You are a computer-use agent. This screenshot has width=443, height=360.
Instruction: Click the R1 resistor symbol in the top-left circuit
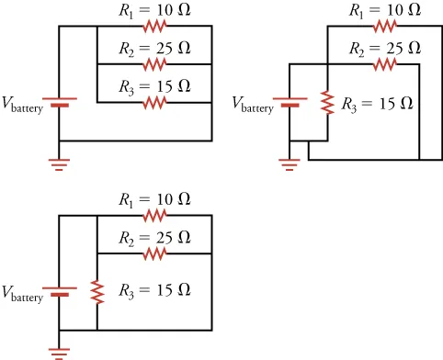(x=154, y=27)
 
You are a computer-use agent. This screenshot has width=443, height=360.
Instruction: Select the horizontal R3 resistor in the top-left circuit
(x=154, y=103)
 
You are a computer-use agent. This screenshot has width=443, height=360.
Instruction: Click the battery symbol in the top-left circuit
(x=60, y=101)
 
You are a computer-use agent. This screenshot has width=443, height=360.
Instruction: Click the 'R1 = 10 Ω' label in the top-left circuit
(x=154, y=11)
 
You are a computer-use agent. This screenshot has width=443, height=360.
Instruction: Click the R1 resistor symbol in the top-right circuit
(x=385, y=27)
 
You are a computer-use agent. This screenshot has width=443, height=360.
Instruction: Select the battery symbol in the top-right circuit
(x=290, y=101)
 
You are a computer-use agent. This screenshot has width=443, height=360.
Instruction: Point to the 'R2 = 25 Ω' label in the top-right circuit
(x=385, y=48)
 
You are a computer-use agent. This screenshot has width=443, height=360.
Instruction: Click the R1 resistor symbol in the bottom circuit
(x=154, y=216)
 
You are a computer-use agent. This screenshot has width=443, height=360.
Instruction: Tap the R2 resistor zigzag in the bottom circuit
(x=154, y=253)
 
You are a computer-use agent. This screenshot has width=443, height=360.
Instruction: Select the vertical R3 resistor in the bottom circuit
(x=97, y=291)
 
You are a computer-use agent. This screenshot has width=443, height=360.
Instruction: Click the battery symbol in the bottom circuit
(x=60, y=291)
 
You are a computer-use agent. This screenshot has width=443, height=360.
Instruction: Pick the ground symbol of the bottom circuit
(x=60, y=352)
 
